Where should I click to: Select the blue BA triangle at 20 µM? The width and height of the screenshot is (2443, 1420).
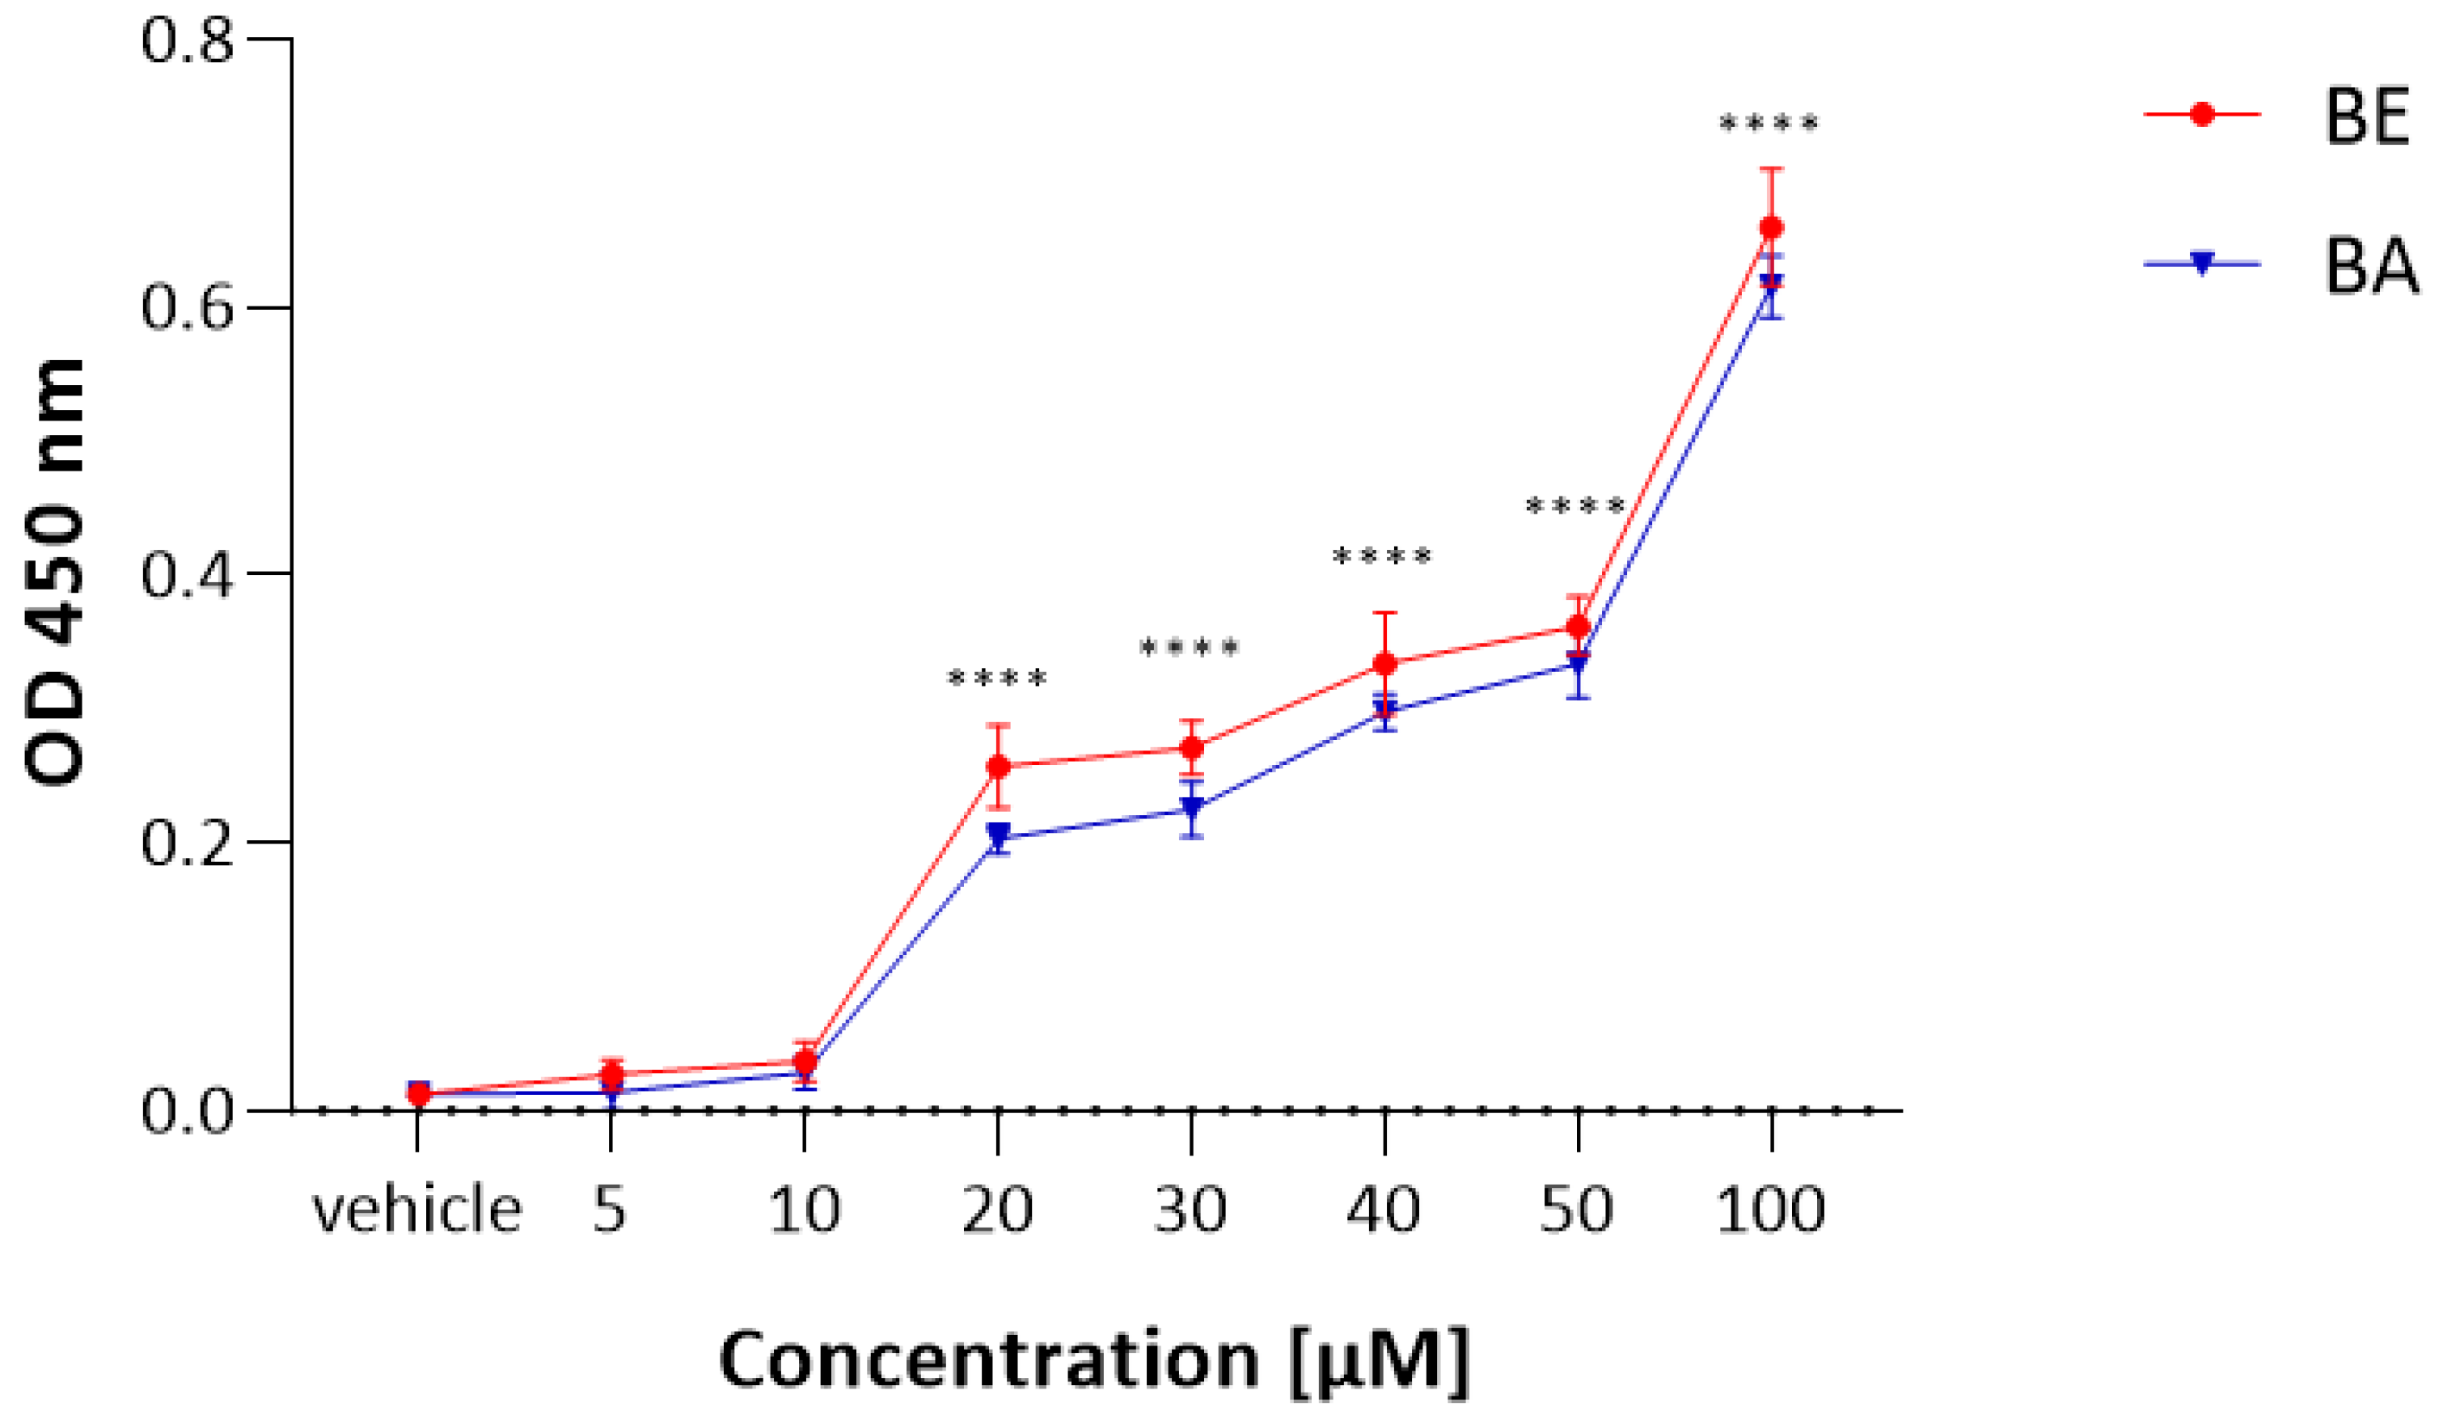tap(998, 833)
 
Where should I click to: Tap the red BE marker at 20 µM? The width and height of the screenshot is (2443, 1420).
tap(998, 767)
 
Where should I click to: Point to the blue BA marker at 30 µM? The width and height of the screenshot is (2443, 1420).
tap(1191, 806)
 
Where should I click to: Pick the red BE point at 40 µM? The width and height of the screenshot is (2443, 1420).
tap(1384, 664)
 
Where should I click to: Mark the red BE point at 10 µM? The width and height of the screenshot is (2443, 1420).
tap(805, 1063)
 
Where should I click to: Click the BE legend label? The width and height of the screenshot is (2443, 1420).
tap(2366, 117)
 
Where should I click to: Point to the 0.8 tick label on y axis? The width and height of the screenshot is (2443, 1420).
tap(188, 42)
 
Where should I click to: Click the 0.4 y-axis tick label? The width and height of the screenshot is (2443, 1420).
tap(188, 575)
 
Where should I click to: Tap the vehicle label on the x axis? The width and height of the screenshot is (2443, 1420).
tap(416, 1211)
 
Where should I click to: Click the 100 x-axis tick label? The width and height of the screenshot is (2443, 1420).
tap(1771, 1211)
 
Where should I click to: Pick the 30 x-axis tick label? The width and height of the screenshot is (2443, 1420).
tap(1190, 1211)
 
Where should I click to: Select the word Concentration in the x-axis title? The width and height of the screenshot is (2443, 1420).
tap(989, 1361)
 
